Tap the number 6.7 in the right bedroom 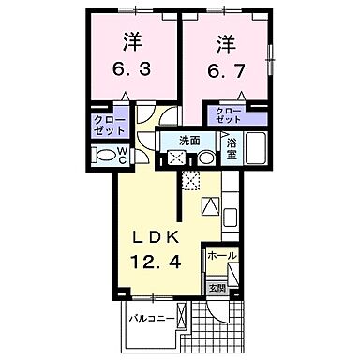(224, 70)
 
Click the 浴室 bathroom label (232, 147)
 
